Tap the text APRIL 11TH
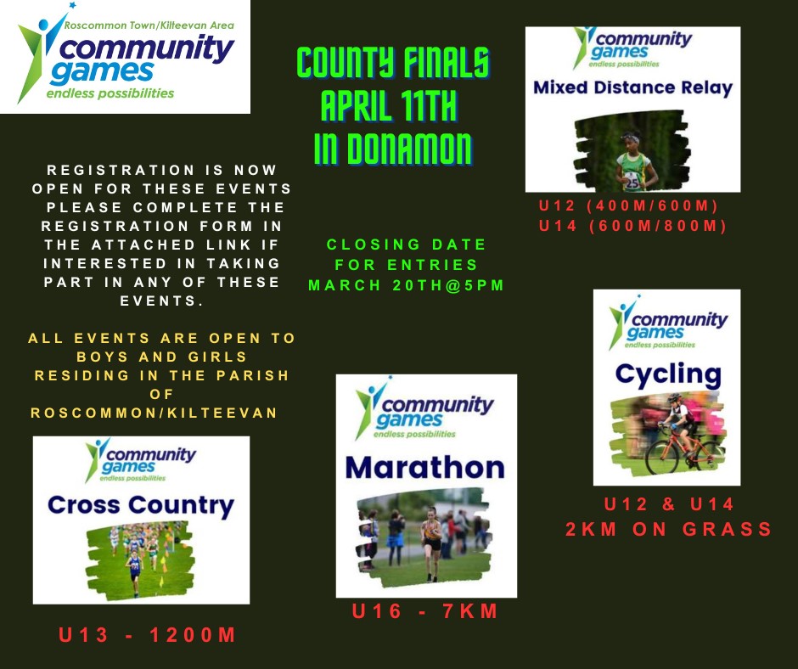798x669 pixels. tap(390, 106)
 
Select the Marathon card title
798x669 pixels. tap(425, 468)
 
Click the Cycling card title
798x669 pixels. tap(668, 375)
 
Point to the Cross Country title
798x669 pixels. tap(141, 505)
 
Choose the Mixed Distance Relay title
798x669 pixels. tap(632, 88)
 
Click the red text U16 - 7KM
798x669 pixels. tap(425, 611)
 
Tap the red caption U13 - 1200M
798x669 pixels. tap(147, 635)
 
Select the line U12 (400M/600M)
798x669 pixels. tap(628, 205)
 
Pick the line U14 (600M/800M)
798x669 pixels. tap(632, 226)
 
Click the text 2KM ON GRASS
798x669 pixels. tap(669, 529)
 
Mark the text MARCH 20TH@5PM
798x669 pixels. tap(406, 285)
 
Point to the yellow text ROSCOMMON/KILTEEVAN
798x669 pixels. tap(155, 413)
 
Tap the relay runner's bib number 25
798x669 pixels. tap(632, 182)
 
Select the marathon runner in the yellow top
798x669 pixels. tap(431, 543)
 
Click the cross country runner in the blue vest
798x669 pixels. tap(135, 571)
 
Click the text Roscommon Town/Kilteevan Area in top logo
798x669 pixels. tap(149, 25)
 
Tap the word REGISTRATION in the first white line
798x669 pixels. tap(120, 170)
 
